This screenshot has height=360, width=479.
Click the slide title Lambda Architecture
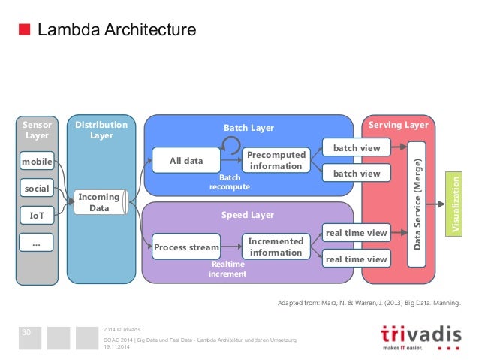coord(116,30)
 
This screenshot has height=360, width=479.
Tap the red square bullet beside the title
coord(24,30)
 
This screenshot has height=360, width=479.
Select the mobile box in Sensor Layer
coord(37,162)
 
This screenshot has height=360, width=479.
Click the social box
coord(37,189)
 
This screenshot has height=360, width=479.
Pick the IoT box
coord(37,216)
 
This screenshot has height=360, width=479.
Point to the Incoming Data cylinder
coord(100,202)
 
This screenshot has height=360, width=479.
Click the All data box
coord(186,160)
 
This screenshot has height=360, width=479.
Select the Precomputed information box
coord(276,160)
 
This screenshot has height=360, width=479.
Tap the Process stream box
coord(186,247)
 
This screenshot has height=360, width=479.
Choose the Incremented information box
coord(276,247)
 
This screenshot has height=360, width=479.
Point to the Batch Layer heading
coord(249,128)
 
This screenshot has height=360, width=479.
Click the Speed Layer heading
coord(247,215)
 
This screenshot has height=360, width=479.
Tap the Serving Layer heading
coord(398,124)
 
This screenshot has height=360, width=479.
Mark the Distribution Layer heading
coord(101,129)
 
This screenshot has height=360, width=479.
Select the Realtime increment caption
coord(227,269)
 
